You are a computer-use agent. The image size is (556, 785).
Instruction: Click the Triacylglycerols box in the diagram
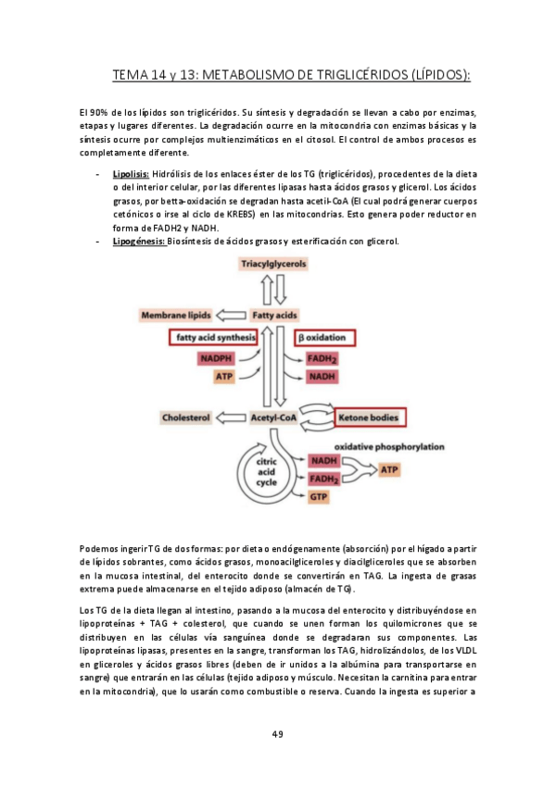273,264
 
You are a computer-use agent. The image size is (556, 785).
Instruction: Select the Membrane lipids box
176,316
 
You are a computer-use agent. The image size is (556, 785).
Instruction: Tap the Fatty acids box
274,316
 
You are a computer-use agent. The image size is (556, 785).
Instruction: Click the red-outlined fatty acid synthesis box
210,338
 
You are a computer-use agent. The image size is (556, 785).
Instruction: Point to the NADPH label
218,358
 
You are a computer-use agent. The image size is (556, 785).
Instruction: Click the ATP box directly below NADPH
224,377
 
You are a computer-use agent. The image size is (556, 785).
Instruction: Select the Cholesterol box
186,417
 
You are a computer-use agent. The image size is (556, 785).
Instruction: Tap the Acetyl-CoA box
273,417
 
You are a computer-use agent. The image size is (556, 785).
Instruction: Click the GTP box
320,497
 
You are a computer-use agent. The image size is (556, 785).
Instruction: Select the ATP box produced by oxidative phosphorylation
391,469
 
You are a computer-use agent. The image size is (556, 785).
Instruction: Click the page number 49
277,734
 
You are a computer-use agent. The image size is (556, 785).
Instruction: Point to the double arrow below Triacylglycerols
274,291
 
